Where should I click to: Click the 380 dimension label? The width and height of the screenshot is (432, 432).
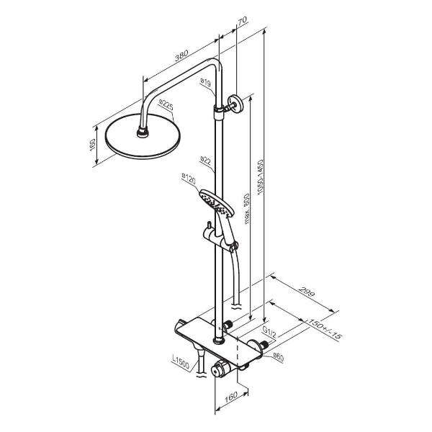[181, 55]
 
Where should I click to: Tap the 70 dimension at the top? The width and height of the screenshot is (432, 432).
[243, 21]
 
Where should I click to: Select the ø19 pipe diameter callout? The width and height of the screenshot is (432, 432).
[205, 82]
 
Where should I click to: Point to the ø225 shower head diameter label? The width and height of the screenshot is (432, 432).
[166, 105]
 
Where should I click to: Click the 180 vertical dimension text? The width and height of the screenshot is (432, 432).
[93, 145]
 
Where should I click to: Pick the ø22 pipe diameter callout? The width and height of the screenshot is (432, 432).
[205, 161]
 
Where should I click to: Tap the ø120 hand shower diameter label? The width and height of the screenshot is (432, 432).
[189, 179]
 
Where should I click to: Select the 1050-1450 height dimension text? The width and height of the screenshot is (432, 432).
[261, 177]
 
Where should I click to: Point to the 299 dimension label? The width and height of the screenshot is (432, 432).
[307, 292]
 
